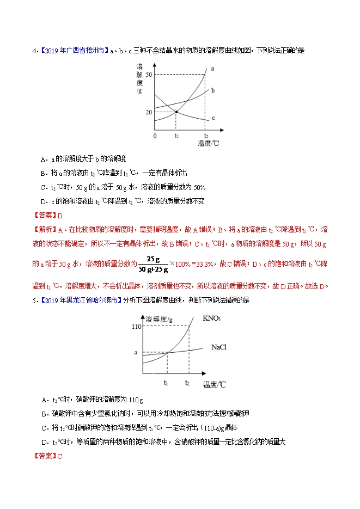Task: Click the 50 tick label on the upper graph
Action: tap(149, 74)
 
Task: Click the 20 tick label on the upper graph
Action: tap(149, 112)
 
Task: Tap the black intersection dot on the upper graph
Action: tap(176, 112)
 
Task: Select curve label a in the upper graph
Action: tap(212, 69)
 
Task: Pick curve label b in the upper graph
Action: tap(213, 90)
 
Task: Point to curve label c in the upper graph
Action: tap(213, 118)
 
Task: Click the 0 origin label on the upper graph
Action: tap(155, 136)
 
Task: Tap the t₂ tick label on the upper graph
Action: tap(205, 136)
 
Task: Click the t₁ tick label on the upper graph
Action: tap(176, 136)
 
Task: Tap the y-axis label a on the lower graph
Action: tap(136, 353)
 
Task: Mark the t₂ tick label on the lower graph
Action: tap(187, 383)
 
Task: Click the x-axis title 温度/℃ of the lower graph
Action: tap(214, 385)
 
